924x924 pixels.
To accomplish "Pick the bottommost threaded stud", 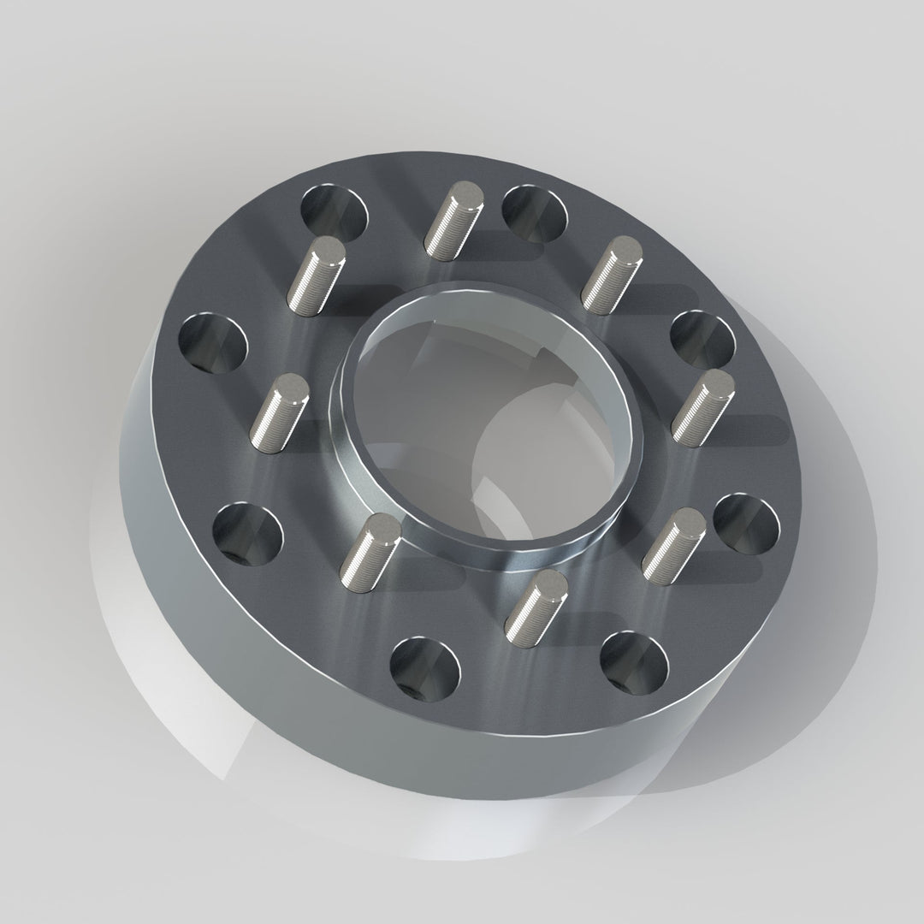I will (536, 607).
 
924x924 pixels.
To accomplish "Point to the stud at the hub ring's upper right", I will (611, 274).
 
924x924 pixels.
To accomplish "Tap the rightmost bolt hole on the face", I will (746, 524).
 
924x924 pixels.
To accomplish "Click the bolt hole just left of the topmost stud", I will (334, 210).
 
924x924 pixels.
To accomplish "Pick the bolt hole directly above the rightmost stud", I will (702, 339).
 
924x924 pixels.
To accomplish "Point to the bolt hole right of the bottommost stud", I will (634, 662).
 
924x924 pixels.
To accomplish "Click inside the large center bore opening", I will (492, 419).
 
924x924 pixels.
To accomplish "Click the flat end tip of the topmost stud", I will (466, 192).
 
